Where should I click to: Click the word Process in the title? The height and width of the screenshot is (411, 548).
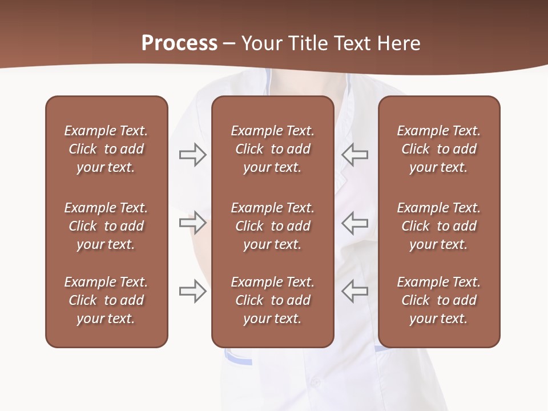click(179, 43)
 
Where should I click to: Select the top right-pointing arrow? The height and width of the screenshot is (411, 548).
click(192, 155)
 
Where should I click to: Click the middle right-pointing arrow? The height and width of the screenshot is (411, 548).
click(192, 222)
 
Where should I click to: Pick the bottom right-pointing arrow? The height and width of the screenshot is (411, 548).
click(192, 291)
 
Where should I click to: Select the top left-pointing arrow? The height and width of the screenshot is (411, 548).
click(355, 155)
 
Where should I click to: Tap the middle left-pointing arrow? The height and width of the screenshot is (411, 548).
click(355, 222)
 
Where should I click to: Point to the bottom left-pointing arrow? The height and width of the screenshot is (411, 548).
click(355, 291)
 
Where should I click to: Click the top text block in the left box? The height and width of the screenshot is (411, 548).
click(106, 149)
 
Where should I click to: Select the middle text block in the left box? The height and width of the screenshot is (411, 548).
click(106, 226)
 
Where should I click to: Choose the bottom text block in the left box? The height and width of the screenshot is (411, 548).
click(106, 300)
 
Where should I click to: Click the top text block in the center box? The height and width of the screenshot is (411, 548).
click(272, 149)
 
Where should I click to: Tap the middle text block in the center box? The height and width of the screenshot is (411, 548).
click(272, 226)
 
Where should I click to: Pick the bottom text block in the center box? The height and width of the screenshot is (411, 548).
click(272, 300)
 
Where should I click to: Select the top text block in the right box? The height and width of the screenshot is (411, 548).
click(438, 149)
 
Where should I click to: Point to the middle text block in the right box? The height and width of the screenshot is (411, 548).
click(438, 226)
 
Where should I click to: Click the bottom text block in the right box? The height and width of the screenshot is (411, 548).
click(438, 300)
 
